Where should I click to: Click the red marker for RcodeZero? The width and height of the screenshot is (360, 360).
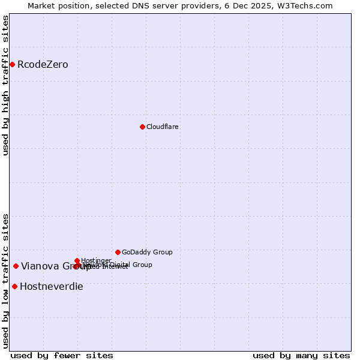12,64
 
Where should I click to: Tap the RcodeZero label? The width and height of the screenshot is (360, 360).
43,65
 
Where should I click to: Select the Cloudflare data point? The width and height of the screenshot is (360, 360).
142,127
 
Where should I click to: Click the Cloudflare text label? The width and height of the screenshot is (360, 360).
162,127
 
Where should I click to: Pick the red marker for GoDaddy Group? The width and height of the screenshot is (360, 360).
118,252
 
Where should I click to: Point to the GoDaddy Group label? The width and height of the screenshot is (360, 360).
147,253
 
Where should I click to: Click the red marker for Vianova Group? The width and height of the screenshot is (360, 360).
16,266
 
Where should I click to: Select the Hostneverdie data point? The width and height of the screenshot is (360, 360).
14,286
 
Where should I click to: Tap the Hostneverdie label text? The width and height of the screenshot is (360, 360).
52,287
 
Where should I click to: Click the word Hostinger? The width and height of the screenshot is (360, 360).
96,260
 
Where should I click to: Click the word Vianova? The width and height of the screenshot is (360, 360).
40,266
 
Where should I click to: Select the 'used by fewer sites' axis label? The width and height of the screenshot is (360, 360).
62,356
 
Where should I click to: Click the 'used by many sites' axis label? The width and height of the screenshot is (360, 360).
301,356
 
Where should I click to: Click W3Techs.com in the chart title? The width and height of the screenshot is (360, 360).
307,5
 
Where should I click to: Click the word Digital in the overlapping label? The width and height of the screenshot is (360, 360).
120,265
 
